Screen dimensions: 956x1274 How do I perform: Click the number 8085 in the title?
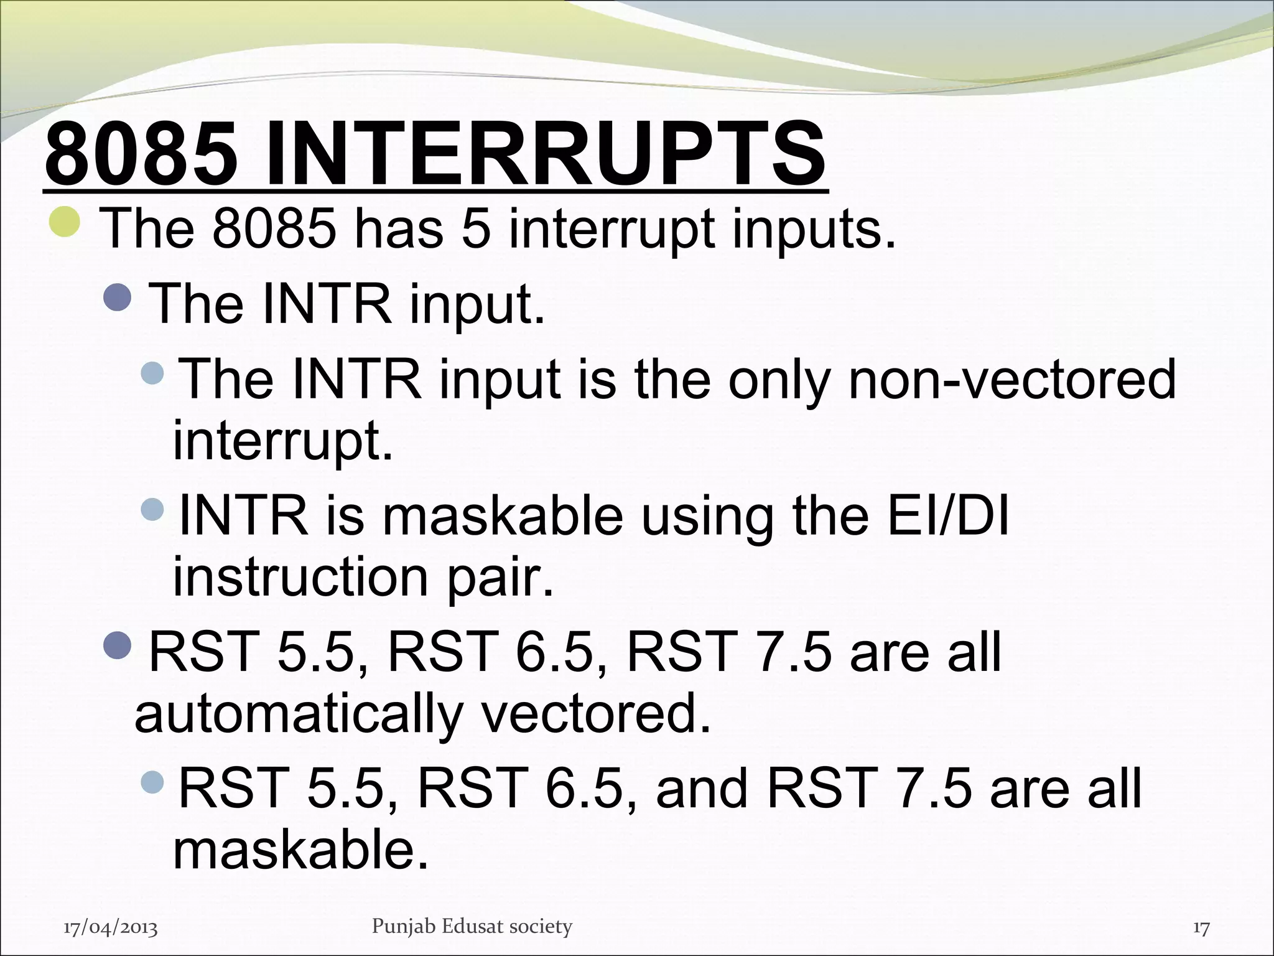[x=142, y=154]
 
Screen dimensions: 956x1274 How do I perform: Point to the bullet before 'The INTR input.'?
[x=118, y=298]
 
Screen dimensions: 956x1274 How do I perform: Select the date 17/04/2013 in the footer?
[x=111, y=928]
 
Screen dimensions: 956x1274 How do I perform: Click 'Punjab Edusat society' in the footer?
[x=472, y=926]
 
